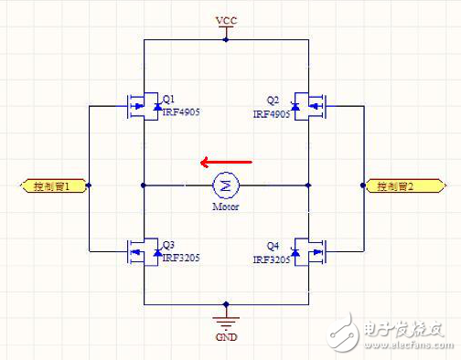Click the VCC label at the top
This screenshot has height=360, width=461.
225,19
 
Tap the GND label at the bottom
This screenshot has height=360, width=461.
226,337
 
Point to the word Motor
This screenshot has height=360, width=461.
225,206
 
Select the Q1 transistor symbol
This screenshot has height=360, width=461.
141,105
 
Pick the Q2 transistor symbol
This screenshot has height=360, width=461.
312,105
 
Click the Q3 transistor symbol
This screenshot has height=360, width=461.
141,250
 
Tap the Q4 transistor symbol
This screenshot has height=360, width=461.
312,250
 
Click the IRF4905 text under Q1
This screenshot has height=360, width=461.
181,111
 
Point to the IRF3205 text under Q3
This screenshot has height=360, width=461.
181,258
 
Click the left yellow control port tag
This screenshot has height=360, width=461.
53,186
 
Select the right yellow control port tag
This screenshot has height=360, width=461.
400,186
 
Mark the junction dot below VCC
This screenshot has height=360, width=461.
226,40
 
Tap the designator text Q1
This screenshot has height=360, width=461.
168,100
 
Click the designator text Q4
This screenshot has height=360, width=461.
272,246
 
